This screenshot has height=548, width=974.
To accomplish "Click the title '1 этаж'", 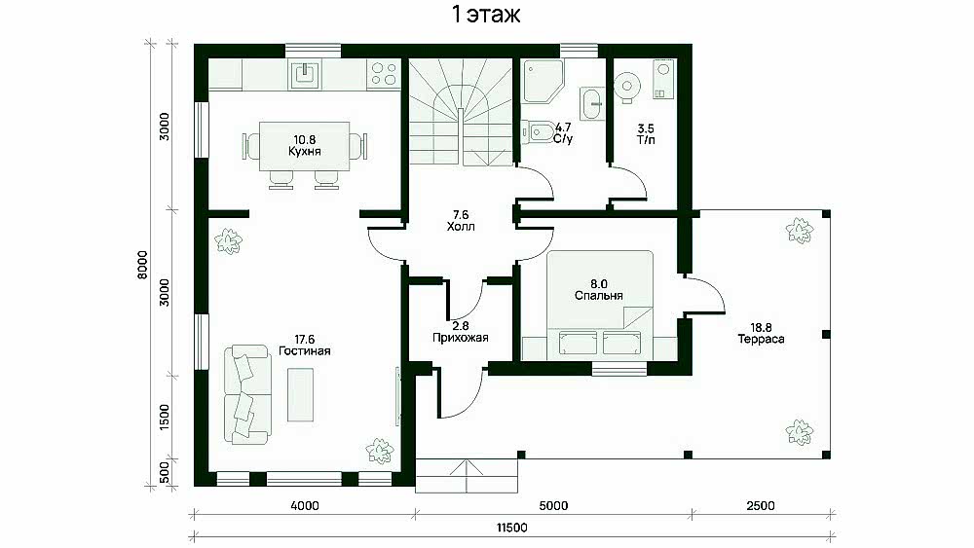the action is pyautogui.click(x=486, y=15).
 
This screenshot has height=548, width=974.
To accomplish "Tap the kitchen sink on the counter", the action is pyautogui.click(x=304, y=75).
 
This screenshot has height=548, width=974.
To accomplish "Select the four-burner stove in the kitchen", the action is pyautogui.click(x=383, y=75).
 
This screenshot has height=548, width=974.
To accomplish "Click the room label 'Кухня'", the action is pyautogui.click(x=304, y=152).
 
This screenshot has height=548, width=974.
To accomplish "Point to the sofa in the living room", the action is pyautogui.click(x=246, y=395).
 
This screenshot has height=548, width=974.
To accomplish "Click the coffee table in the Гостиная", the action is pyautogui.click(x=300, y=395).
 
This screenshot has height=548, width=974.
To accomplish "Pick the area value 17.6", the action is pyautogui.click(x=304, y=339).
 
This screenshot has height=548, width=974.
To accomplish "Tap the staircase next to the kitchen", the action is pyautogui.click(x=461, y=112).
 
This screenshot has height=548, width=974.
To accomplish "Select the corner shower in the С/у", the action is pyautogui.click(x=542, y=81).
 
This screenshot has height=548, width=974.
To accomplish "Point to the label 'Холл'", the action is pyautogui.click(x=461, y=227).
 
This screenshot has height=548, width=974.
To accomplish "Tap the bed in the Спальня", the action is pyautogui.click(x=599, y=289).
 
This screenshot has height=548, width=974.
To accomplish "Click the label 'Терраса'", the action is pyautogui.click(x=761, y=339).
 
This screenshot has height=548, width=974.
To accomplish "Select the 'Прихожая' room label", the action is pyautogui.click(x=461, y=338).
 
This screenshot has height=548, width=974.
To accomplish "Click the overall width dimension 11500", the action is pyautogui.click(x=512, y=528).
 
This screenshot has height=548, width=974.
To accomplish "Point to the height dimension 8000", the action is pyautogui.click(x=143, y=265).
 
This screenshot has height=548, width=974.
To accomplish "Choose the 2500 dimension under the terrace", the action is pyautogui.click(x=761, y=506).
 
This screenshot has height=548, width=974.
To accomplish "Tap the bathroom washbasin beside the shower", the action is pyautogui.click(x=592, y=103).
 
